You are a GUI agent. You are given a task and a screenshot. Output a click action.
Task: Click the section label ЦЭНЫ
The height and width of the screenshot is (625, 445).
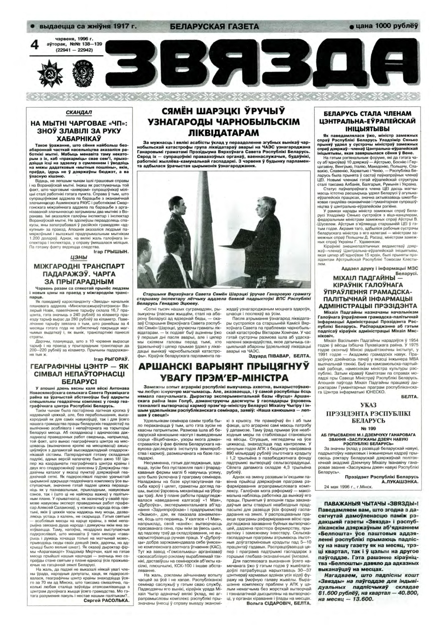[x=78, y=257]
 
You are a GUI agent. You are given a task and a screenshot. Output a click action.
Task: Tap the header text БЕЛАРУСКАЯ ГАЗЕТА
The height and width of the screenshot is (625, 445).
[x=211, y=26]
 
